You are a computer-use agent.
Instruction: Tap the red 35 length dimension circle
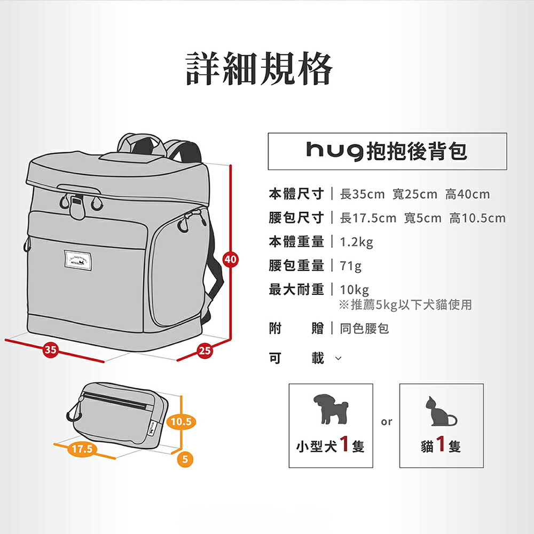pos(50,350)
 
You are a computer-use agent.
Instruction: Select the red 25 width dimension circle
pos(204,351)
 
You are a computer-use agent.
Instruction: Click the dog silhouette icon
pos(331,409)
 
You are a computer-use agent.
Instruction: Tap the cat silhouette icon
pos(441,412)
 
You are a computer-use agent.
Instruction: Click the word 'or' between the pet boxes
pos(387,422)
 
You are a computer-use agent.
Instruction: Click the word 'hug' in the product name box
pos(335,151)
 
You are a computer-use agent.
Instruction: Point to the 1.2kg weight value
pos(356,242)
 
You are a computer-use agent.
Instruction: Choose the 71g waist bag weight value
pos(351,265)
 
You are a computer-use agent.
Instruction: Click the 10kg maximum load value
pos(355,290)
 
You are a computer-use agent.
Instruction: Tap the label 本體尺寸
pos(296,194)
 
